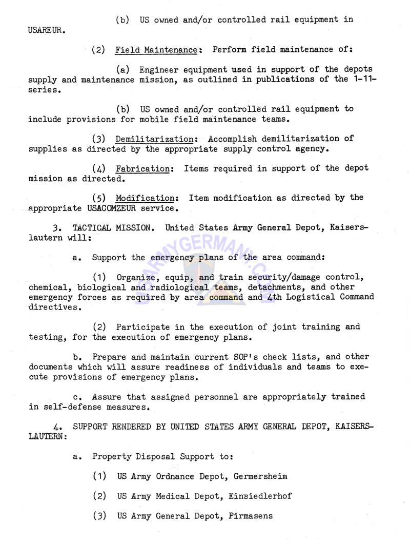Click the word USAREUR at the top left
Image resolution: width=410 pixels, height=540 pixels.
tap(46, 30)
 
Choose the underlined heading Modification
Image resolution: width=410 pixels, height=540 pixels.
tap(146, 198)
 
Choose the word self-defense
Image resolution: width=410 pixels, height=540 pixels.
tap(66, 407)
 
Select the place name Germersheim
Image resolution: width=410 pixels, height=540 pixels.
tap(260, 476)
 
